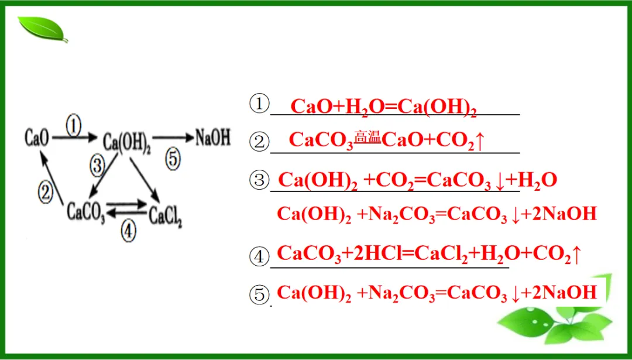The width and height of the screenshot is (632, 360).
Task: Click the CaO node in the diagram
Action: click(x=36, y=138)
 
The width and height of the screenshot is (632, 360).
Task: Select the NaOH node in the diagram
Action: click(x=213, y=138)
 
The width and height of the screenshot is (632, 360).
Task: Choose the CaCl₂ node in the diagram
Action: click(x=166, y=215)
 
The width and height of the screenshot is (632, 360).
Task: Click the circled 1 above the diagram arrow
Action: click(x=73, y=127)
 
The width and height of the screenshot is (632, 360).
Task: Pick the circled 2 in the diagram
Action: click(x=46, y=194)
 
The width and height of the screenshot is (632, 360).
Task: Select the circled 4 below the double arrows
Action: click(x=129, y=231)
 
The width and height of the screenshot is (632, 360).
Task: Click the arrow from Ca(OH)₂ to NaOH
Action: click(x=173, y=138)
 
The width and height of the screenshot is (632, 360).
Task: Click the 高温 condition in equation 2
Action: click(x=367, y=139)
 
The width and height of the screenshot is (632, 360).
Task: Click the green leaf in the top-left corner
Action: click(x=43, y=29)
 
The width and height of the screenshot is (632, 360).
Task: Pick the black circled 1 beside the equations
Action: click(x=259, y=105)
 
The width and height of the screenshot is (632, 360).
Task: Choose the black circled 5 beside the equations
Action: click(x=259, y=295)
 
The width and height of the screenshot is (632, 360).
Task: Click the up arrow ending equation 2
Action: click(x=479, y=141)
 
